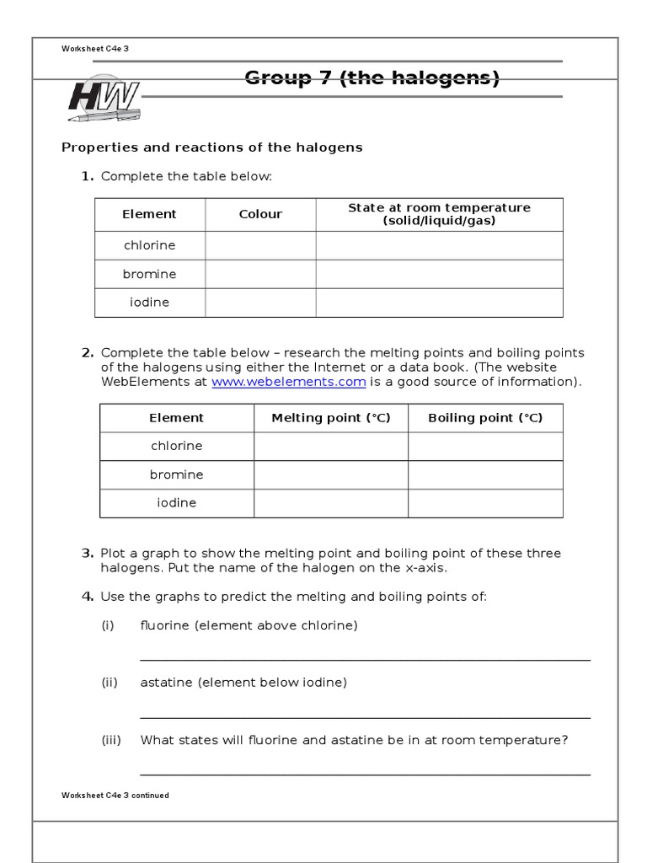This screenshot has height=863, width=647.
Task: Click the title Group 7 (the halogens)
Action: point(372,78)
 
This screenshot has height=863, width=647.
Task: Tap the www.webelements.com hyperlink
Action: point(288,382)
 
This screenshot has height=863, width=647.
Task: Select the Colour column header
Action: point(260,214)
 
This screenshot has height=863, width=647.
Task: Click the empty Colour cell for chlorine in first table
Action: point(260,245)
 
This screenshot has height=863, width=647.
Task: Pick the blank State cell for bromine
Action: point(439,274)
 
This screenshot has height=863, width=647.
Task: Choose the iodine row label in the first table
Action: point(149,303)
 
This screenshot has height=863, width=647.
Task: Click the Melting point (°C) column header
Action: point(330,418)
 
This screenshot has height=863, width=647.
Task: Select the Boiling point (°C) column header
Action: point(485,418)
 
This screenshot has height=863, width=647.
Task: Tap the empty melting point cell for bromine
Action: point(330,474)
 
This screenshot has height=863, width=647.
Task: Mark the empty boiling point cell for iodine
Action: point(485,503)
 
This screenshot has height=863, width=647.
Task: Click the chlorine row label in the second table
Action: point(176,446)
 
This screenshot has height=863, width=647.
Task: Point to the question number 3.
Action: point(87,554)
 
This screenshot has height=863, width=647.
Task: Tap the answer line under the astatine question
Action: point(365,717)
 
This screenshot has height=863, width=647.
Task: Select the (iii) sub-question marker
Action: point(110,740)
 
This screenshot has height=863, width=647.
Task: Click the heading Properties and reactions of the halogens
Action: point(211,147)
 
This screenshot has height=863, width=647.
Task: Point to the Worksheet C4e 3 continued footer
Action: point(115,795)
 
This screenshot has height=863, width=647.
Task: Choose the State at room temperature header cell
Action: point(439,214)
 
